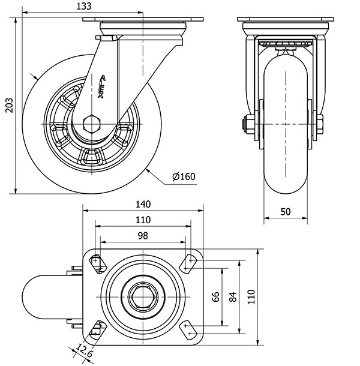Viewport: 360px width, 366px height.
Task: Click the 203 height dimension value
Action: pyautogui.click(x=7, y=106)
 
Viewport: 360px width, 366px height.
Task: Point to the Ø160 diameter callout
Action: pyautogui.click(x=184, y=176)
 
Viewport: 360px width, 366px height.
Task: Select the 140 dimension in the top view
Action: pyautogui.click(x=143, y=205)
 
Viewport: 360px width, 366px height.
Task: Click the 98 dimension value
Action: pyautogui.click(x=143, y=236)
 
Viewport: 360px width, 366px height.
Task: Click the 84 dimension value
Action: pyautogui.click(x=234, y=296)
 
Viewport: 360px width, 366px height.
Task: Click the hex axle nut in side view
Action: pyautogui.click(x=92, y=124)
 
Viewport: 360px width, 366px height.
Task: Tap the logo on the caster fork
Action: pyautogui.click(x=103, y=86)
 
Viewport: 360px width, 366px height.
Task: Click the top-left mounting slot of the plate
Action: pyautogui.click(x=97, y=262)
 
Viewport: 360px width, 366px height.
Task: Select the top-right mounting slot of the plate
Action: pyautogui.click(x=190, y=262)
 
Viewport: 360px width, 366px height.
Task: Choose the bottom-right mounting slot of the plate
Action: pyautogui.click(x=190, y=328)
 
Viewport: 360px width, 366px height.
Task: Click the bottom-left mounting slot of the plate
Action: pyautogui.click(x=97, y=328)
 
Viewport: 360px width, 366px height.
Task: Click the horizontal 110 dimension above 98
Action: pyautogui.click(x=143, y=220)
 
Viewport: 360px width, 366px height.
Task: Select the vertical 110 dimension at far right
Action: pyautogui.click(x=251, y=296)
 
